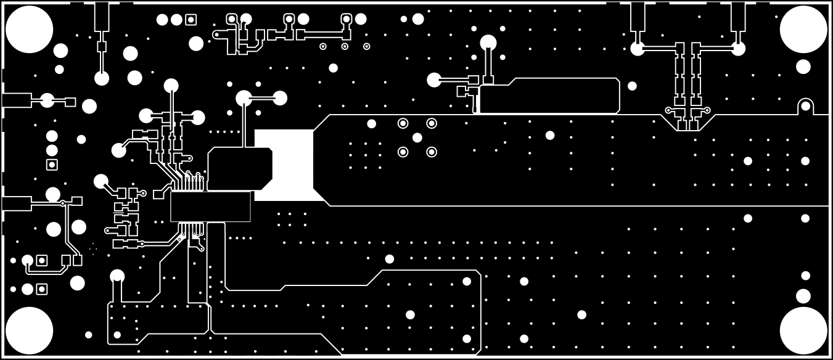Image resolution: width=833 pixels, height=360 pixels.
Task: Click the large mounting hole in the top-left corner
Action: tap(29, 29)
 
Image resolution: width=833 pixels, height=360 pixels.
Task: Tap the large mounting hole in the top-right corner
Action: tap(803, 29)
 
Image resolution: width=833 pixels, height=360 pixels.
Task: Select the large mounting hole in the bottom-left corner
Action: tap(29, 330)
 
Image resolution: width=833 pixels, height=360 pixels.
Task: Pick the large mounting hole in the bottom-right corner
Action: tap(803, 330)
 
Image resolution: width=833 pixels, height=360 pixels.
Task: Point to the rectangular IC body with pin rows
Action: tap(210, 207)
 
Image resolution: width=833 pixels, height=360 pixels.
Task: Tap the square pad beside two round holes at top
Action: tap(191, 20)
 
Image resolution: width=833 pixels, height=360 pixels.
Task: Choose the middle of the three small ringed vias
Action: tap(345, 46)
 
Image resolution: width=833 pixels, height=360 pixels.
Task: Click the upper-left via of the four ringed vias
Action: tap(403, 123)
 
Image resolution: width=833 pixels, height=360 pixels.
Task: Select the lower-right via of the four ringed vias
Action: tap(432, 152)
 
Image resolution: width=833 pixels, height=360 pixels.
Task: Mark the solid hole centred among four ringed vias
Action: tap(417, 137)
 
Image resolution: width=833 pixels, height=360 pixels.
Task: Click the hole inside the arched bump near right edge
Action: tap(805, 106)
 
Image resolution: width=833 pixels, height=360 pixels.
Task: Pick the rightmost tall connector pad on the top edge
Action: tap(738, 16)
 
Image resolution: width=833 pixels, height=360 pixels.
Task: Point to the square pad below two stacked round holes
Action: tap(52, 165)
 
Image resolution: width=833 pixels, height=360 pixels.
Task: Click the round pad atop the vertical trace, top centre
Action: tap(488, 43)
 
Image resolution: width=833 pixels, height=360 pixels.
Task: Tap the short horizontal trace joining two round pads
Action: tap(262, 97)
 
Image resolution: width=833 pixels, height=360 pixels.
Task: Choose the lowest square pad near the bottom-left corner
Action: tap(42, 289)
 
